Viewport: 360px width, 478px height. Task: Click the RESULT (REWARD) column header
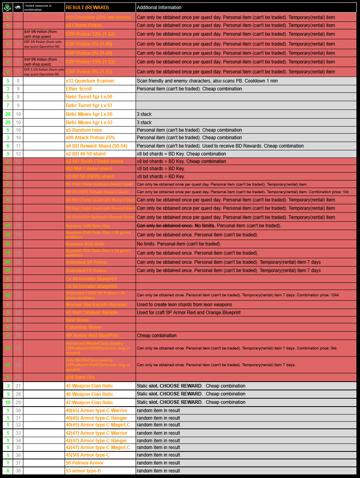tap(87, 8)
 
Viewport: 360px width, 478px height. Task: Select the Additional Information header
tap(159, 8)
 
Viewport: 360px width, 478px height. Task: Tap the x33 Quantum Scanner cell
tap(90, 81)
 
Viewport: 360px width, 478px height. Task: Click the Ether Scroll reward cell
tap(79, 89)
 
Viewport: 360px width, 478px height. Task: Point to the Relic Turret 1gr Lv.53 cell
tap(89, 106)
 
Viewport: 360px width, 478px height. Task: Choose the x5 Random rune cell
tap(84, 130)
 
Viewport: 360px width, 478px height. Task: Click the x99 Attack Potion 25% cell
tap(90, 138)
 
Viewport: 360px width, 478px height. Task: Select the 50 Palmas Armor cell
tap(84, 463)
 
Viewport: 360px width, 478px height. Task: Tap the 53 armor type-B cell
tap(83, 471)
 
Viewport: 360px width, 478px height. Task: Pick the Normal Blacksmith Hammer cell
tap(97, 305)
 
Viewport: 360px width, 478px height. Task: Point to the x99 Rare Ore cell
tap(80, 377)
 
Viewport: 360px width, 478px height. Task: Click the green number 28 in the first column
tap(8, 114)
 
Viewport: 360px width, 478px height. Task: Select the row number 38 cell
tap(18, 471)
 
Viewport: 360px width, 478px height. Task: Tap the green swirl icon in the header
tap(8, 7)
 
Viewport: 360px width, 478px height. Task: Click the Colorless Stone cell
tap(83, 327)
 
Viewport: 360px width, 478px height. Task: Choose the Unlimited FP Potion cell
tap(86, 271)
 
